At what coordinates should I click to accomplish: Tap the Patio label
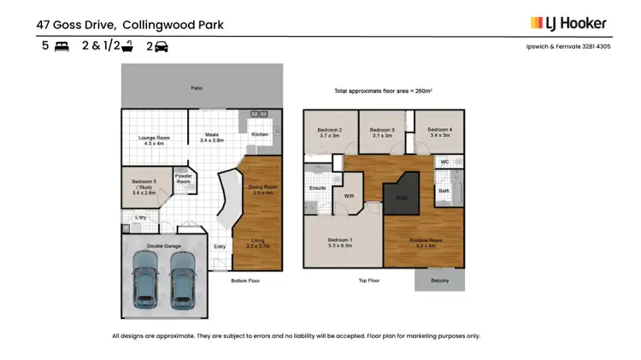click(x=197, y=87)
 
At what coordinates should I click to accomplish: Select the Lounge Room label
click(x=156, y=139)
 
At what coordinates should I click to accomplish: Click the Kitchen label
click(x=260, y=134)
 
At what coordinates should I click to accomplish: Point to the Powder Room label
click(x=184, y=179)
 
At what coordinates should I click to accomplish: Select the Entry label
click(x=221, y=247)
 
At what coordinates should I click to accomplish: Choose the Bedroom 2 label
click(x=330, y=132)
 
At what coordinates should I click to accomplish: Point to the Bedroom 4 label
click(x=439, y=132)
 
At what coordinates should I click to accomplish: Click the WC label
click(x=444, y=161)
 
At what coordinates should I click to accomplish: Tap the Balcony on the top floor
click(x=439, y=280)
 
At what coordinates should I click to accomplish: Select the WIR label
click(x=348, y=196)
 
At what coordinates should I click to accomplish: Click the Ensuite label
click(x=316, y=187)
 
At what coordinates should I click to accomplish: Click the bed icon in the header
click(x=62, y=47)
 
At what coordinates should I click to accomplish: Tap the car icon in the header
click(x=161, y=47)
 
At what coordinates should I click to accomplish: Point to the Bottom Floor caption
click(x=245, y=280)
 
